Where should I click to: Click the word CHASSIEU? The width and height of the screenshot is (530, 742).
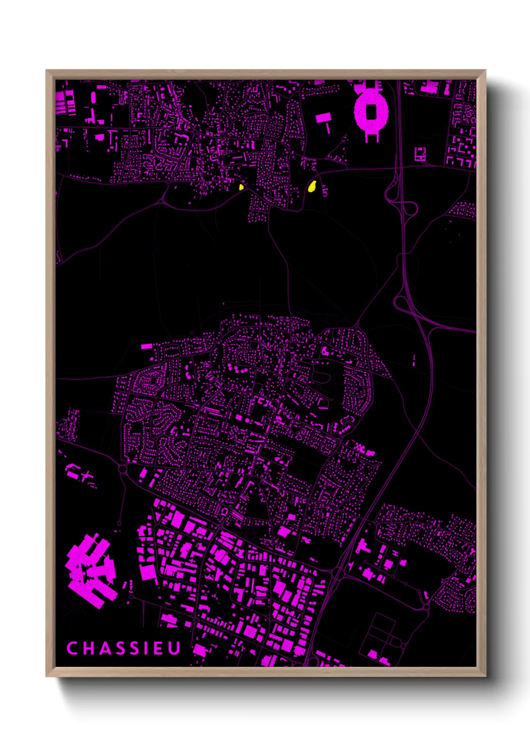(x=123, y=648)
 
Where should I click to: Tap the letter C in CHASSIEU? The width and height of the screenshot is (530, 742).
(x=72, y=648)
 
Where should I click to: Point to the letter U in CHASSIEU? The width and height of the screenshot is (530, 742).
(x=174, y=648)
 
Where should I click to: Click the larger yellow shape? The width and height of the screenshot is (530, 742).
(x=312, y=187)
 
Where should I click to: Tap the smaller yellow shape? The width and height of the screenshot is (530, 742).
(x=241, y=187)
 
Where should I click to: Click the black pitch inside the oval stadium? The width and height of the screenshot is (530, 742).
(x=371, y=111)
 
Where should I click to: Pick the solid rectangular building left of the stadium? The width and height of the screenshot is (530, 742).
(x=323, y=118)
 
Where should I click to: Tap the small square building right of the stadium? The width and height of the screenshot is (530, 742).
(x=420, y=154)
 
